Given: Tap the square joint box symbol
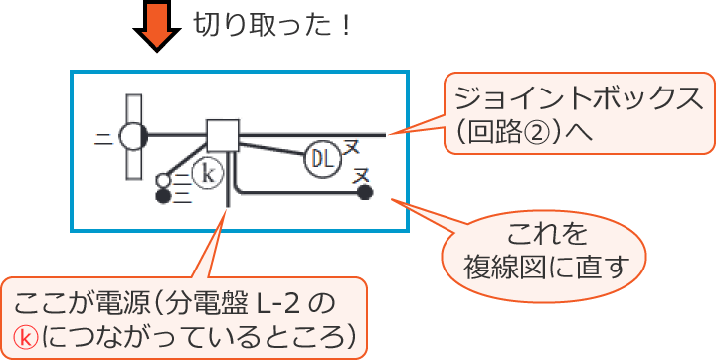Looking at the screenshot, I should tap(223, 133).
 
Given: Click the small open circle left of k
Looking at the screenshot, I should tap(164, 180).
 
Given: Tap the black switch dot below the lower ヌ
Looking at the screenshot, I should tap(365, 192).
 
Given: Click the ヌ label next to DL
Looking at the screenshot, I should tap(351, 148).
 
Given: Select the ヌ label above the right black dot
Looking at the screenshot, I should tap(363, 173).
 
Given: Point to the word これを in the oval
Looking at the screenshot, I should tap(546, 236).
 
